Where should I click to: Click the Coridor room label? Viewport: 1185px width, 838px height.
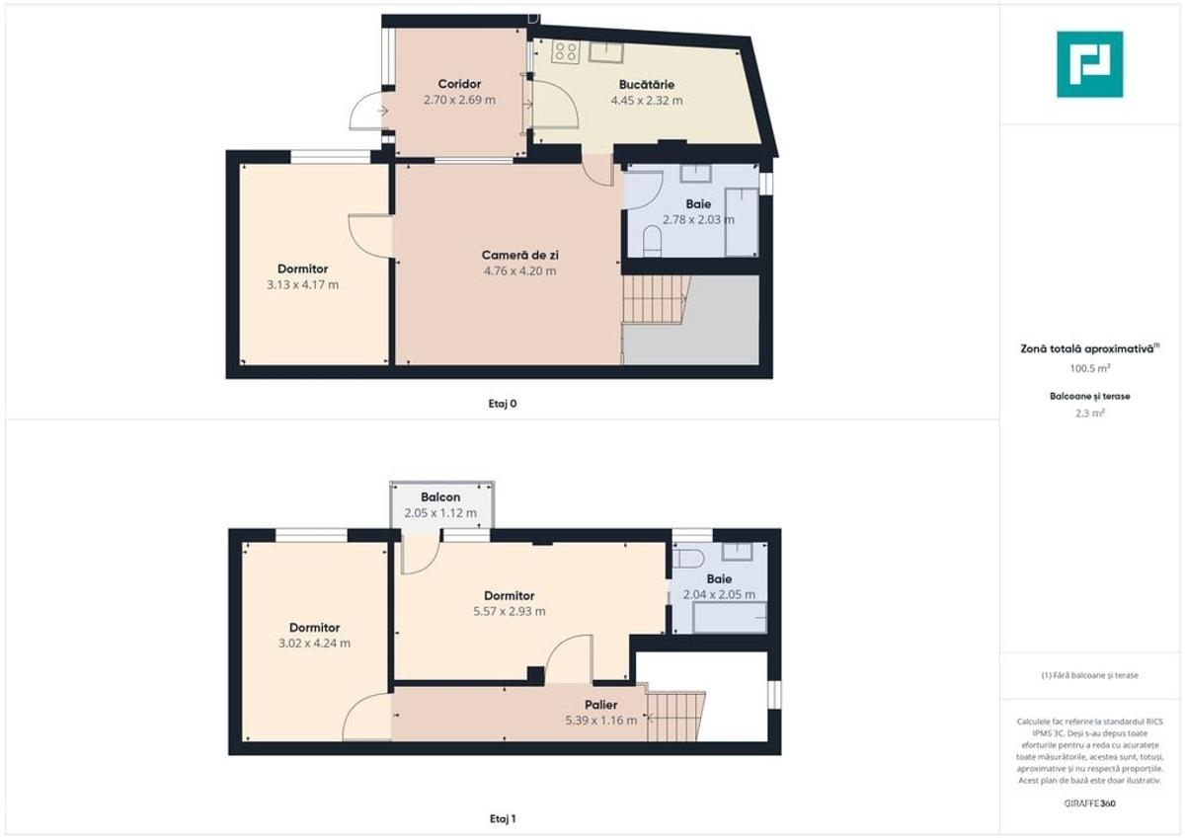coord(459,84)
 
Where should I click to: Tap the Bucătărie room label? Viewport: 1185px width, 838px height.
coord(647,85)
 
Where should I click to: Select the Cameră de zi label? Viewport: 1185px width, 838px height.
coord(519,256)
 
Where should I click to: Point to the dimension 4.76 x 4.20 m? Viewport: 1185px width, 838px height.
coord(519,271)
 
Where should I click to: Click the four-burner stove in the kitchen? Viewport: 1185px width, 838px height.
coord(566,51)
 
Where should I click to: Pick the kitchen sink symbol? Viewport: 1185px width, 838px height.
coord(606,51)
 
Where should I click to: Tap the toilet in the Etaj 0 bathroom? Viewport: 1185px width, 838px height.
coord(653,242)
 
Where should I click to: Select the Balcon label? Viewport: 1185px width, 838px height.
coord(440,497)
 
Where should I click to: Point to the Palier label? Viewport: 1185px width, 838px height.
coord(601,705)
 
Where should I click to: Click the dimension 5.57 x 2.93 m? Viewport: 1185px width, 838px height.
coord(509,612)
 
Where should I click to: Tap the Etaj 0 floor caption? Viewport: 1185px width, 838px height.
coord(502,404)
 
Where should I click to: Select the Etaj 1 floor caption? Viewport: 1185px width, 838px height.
coord(502,819)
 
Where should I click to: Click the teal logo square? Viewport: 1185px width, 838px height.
coord(1090,64)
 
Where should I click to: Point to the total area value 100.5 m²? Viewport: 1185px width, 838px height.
coord(1090,368)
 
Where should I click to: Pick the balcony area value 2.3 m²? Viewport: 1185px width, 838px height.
coord(1090,413)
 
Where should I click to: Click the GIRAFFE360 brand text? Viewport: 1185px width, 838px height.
coord(1090,803)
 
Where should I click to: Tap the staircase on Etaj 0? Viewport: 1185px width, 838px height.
coord(657,299)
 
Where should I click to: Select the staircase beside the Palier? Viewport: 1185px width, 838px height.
coord(676,716)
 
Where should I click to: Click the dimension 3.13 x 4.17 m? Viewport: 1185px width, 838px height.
coord(302,285)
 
